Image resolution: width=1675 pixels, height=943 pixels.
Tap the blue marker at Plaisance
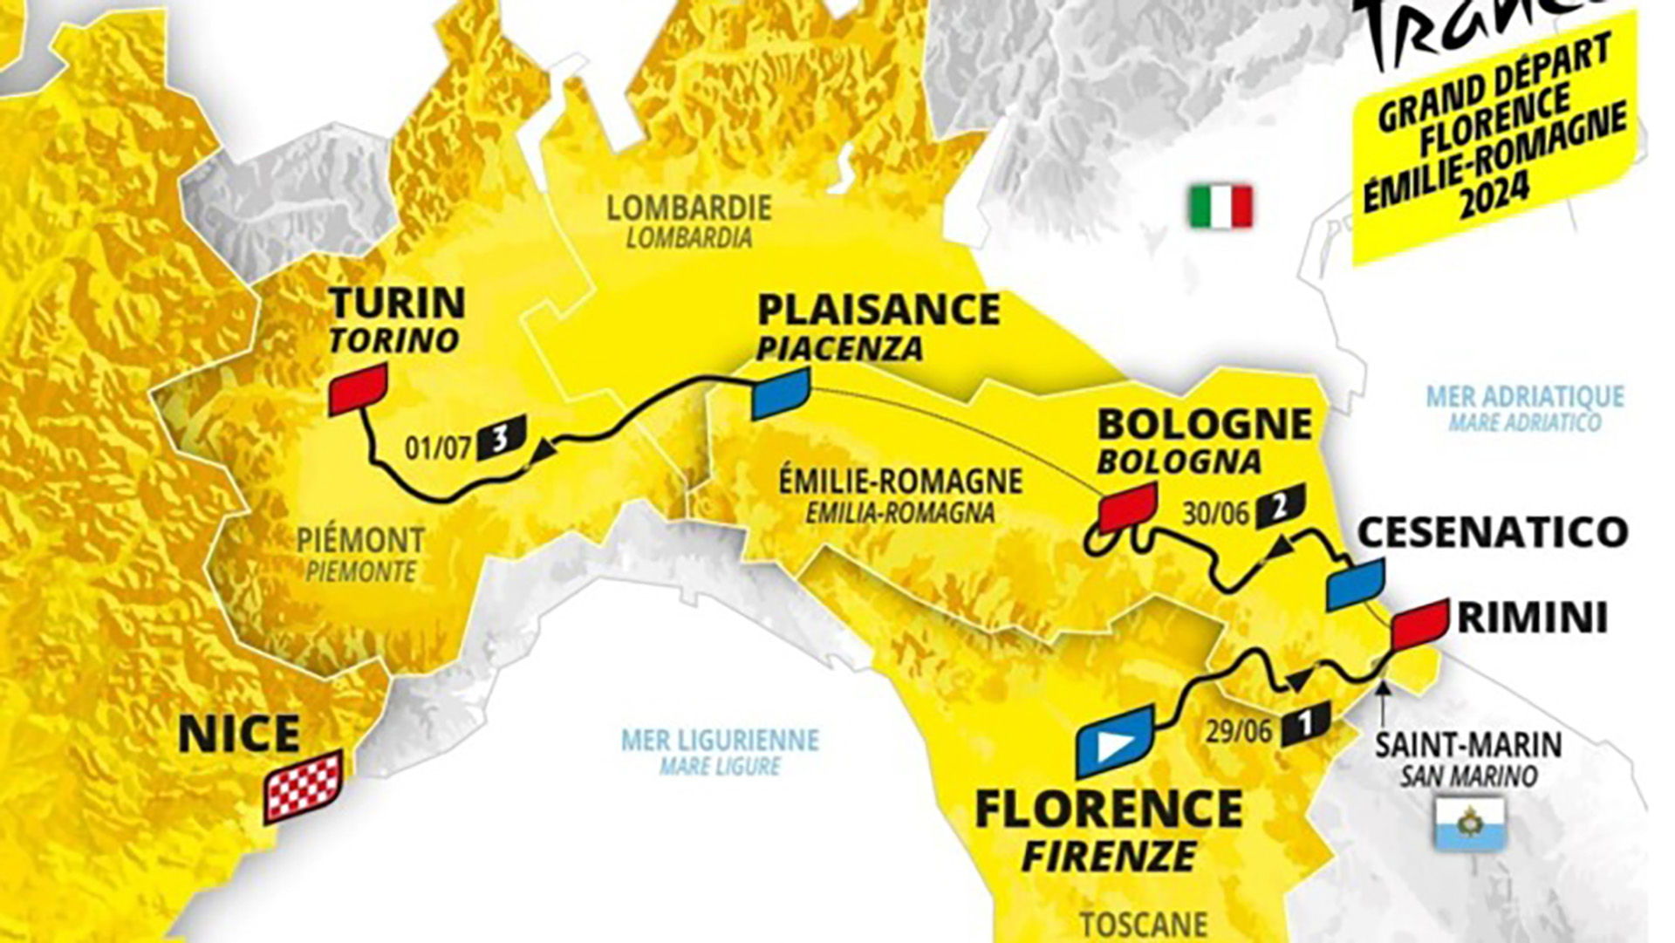click(780, 393)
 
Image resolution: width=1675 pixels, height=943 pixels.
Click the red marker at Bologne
click(1127, 506)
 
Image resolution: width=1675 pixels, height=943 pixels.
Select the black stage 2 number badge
click(1280, 505)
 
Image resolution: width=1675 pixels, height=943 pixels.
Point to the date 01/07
click(438, 448)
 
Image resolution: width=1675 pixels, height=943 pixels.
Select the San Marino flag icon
click(1471, 823)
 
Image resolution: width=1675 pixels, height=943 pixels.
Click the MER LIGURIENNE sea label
click(720, 741)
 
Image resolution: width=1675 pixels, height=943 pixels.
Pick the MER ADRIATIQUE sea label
click(1525, 397)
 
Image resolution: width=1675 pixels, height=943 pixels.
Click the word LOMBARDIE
click(689, 208)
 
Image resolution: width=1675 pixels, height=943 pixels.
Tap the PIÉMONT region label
click(360, 540)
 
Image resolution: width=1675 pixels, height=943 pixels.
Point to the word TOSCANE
click(1143, 923)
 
